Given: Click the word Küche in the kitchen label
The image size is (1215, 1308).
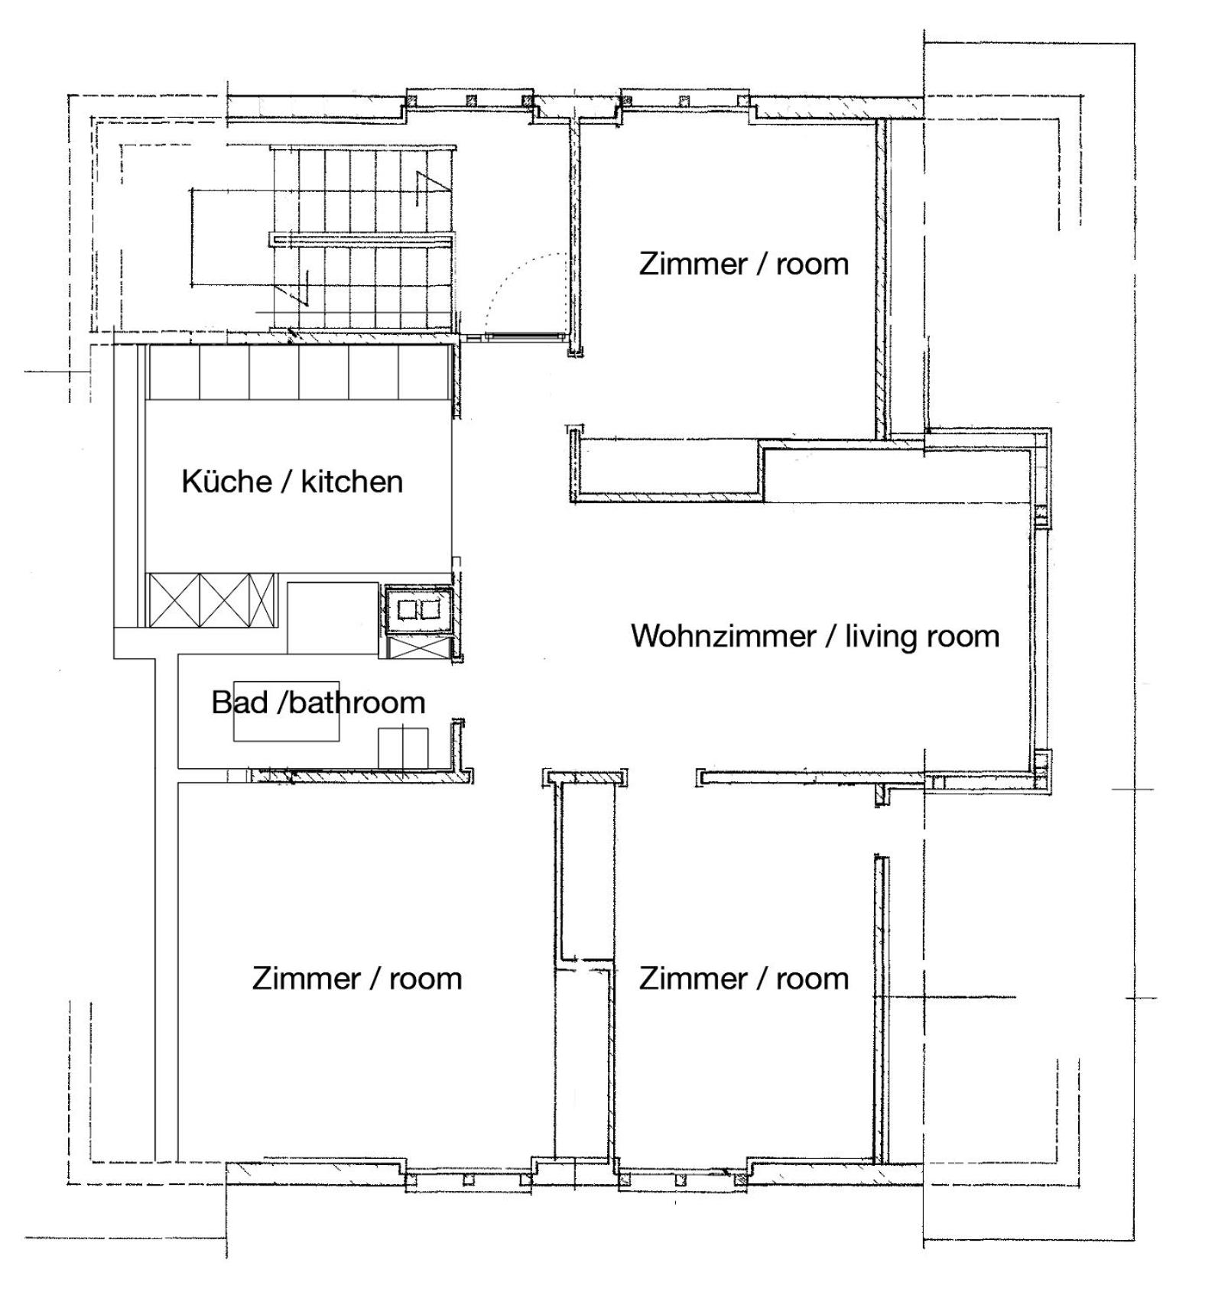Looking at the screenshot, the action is click(226, 481).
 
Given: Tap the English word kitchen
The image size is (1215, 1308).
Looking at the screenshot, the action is click(352, 482).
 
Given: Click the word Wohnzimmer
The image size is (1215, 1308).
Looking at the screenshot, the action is click(723, 636).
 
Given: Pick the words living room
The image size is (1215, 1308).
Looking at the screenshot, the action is click(922, 637).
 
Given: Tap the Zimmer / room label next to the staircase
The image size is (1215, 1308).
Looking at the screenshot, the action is click(744, 264).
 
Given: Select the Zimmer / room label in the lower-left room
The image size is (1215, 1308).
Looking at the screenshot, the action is click(357, 979).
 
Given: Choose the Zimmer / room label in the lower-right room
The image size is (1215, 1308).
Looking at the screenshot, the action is click(744, 979).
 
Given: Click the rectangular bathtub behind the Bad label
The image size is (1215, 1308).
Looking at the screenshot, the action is click(287, 711).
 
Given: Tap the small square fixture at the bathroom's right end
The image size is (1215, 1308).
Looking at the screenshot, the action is click(403, 748).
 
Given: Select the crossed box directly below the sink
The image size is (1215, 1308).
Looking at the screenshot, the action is click(418, 648).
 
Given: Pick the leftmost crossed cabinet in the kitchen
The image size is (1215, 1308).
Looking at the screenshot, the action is click(174, 599).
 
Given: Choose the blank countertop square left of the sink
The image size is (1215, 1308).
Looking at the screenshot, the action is click(333, 618).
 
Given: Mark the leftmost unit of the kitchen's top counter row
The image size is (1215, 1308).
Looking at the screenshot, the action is click(174, 373).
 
